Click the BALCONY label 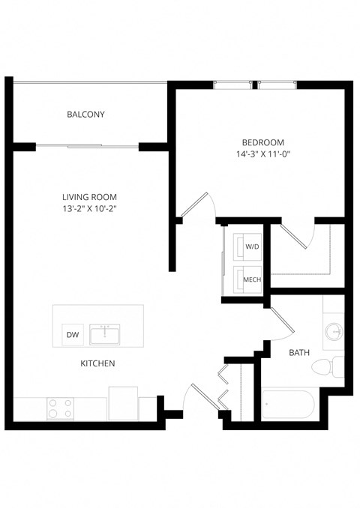[x=85, y=115]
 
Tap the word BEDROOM [x=262, y=142]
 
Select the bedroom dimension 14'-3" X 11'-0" [x=262, y=155]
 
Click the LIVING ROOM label [x=89, y=197]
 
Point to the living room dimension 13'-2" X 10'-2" [x=89, y=209]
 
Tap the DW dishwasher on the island [x=73, y=335]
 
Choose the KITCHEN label [x=97, y=364]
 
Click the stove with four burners [x=61, y=408]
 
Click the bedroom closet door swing [x=304, y=237]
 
